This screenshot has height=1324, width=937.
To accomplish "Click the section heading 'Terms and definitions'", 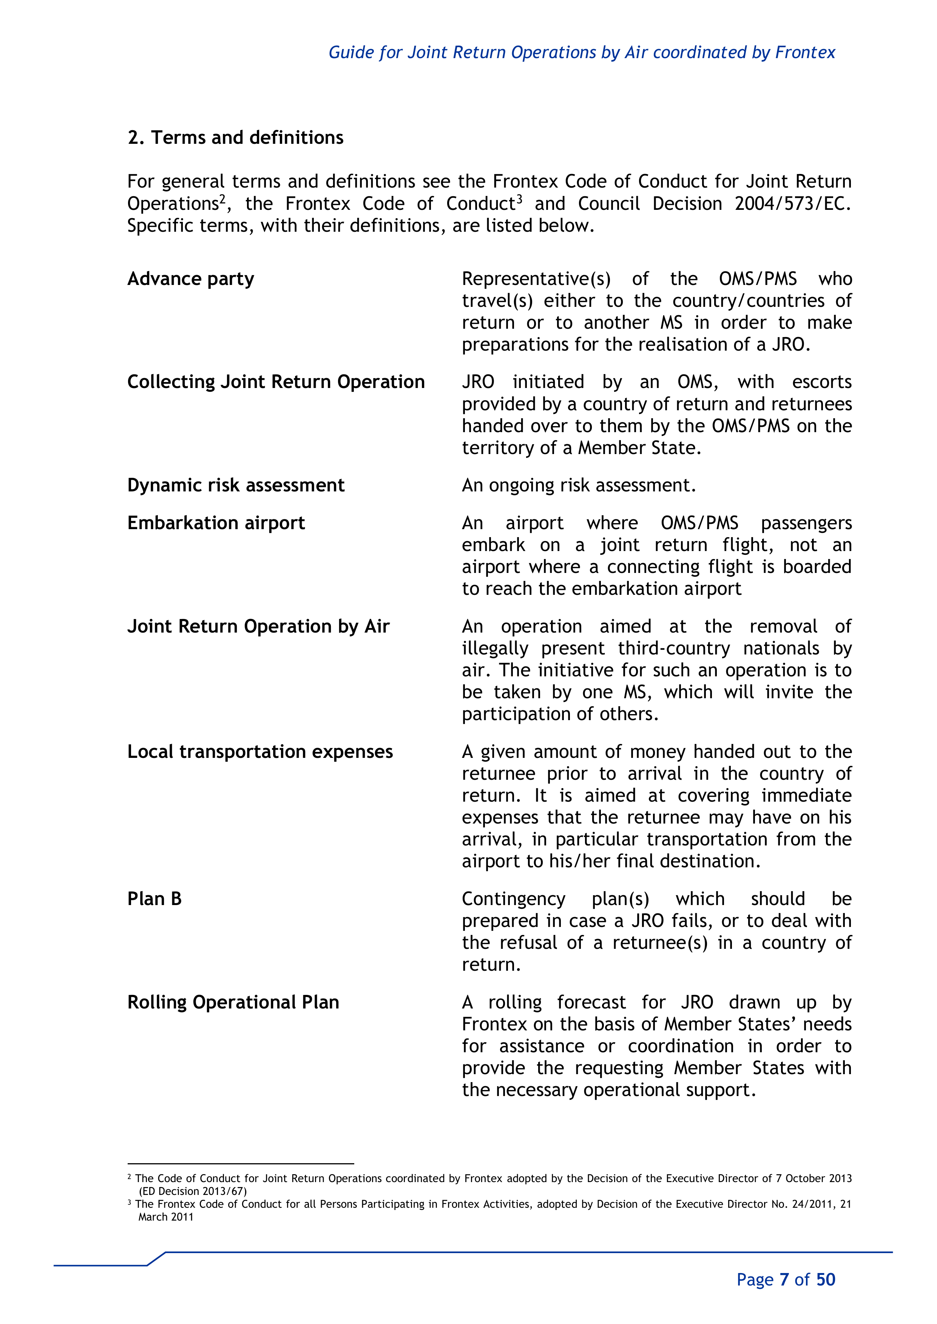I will pyautogui.click(x=247, y=138).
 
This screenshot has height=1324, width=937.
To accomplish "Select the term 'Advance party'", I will pyautogui.click(x=190, y=279).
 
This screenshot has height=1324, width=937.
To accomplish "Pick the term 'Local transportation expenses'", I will pyautogui.click(x=259, y=752).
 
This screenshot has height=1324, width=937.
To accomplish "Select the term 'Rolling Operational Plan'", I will pyautogui.click(x=233, y=1002).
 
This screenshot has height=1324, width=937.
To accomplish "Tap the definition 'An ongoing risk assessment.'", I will pyautogui.click(x=579, y=485).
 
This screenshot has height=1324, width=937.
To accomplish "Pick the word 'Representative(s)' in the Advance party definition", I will pyautogui.click(x=536, y=279).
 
